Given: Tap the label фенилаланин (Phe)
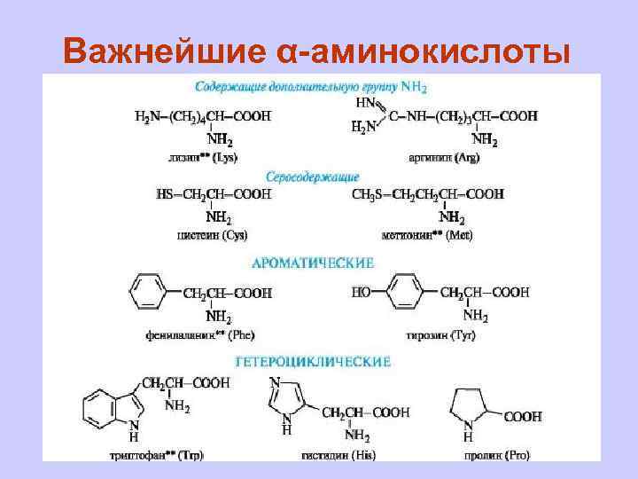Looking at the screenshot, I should point(200,334).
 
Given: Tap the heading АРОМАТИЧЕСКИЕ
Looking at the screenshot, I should point(313,263).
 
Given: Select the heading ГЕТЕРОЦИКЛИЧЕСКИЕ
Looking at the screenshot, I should point(313,361).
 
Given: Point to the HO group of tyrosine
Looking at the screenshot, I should point(361,292).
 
